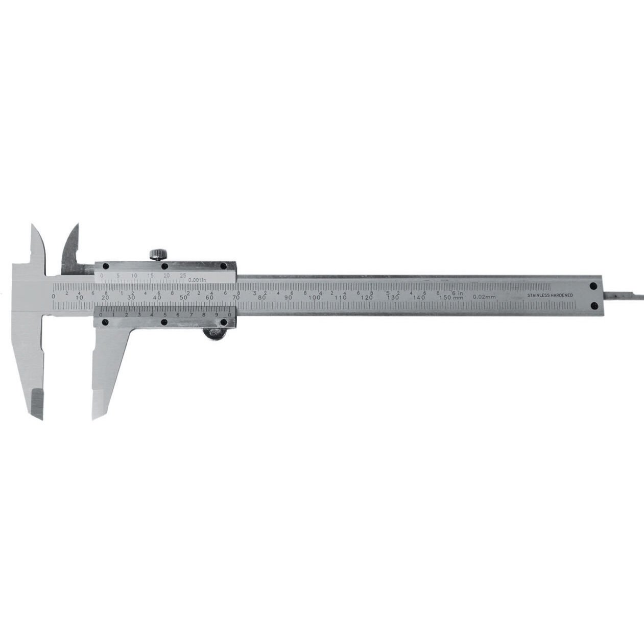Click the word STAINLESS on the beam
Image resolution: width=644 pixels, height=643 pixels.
click(538, 295)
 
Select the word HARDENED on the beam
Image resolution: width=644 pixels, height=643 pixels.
click(561, 295)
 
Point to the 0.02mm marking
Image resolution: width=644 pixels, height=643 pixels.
click(484, 297)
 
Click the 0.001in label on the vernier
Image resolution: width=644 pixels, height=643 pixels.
click(197, 280)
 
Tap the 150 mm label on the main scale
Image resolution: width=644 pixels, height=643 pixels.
click(451, 298)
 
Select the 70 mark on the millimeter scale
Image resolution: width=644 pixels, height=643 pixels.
click(235, 298)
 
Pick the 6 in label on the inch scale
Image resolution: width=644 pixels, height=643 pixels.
click(457, 292)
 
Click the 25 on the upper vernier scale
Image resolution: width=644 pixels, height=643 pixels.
click(183, 276)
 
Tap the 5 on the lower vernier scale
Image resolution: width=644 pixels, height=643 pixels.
click(164, 315)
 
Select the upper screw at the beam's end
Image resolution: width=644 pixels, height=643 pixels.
click(593, 287)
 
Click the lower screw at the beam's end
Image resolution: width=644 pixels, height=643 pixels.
click(593, 305)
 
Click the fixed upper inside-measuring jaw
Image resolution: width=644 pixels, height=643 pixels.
click(38, 245)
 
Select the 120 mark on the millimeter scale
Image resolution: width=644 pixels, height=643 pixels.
click(367, 298)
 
